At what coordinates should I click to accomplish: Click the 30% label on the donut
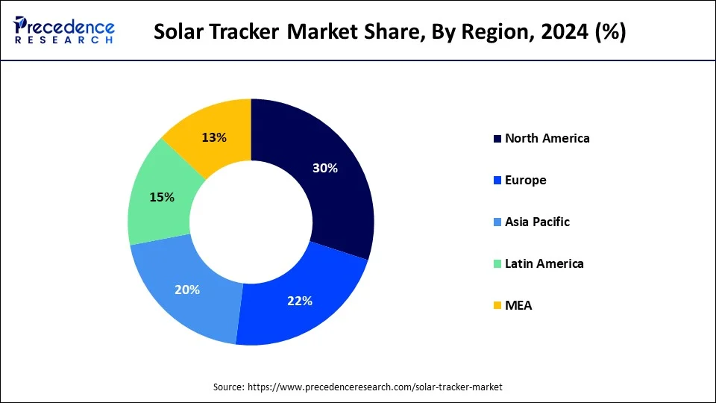click(325, 169)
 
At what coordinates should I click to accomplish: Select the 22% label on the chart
click(299, 302)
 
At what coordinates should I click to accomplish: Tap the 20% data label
click(186, 290)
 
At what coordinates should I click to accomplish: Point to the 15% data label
click(161, 197)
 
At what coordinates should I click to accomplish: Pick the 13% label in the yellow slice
click(214, 137)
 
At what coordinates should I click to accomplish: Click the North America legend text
click(547, 138)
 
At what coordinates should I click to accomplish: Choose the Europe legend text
click(525, 180)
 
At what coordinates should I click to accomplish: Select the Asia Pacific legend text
click(537, 222)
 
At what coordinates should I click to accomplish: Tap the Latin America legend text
click(544, 263)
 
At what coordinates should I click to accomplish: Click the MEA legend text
click(518, 305)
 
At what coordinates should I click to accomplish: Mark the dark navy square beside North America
click(497, 139)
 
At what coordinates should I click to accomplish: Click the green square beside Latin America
click(497, 264)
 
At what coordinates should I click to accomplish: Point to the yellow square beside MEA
click(497, 306)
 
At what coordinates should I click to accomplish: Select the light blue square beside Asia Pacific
click(497, 222)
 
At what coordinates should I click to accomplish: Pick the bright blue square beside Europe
click(497, 181)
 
